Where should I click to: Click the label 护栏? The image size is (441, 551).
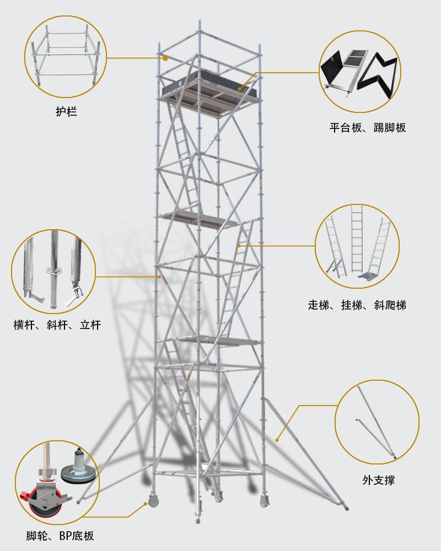click(x=66, y=111)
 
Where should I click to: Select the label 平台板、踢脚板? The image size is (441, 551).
click(x=368, y=127)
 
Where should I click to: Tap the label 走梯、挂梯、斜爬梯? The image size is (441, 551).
click(x=357, y=305)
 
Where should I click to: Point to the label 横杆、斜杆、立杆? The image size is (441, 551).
click(x=57, y=325)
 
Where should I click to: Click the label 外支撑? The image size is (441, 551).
click(x=378, y=480)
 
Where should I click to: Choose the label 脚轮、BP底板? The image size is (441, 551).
click(x=60, y=536)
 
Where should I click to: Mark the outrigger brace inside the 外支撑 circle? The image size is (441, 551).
click(x=377, y=422)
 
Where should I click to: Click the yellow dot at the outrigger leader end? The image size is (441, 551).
click(x=277, y=440)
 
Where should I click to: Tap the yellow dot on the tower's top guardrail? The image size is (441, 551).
click(x=165, y=58)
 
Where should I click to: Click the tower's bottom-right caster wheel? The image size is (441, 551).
click(x=264, y=500)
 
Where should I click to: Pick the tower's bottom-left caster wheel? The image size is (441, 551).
click(x=153, y=500)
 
